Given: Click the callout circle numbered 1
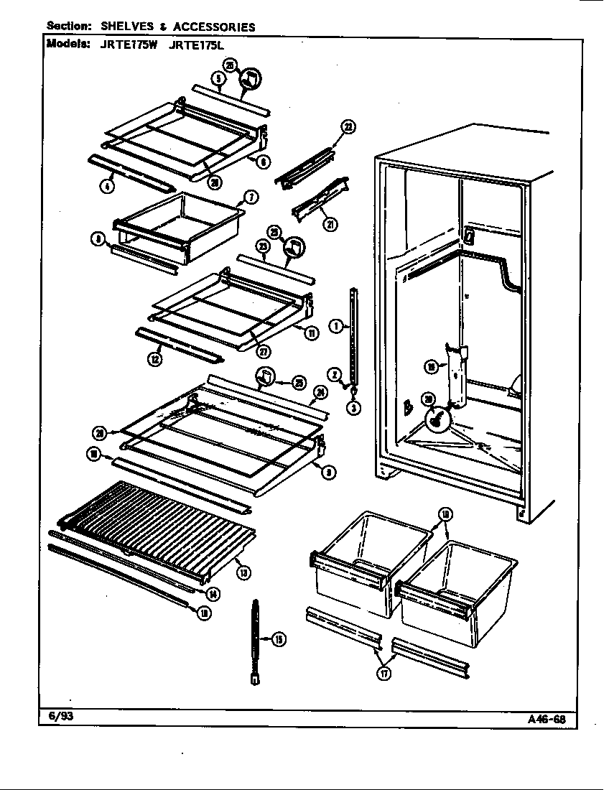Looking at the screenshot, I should [335, 326].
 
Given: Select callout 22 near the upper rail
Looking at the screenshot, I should [348, 127].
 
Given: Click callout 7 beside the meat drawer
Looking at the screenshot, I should [252, 197].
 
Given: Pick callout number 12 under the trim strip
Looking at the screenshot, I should [154, 360].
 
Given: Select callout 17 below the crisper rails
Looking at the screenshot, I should [384, 674].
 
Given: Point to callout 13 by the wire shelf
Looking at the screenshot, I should [244, 572].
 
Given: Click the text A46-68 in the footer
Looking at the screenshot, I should [552, 718].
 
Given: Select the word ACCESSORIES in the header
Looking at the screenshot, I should [213, 27].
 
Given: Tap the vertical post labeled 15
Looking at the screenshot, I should [256, 639].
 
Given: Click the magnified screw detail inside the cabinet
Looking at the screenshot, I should [436, 420].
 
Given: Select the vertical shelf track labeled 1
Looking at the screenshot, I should [353, 334].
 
